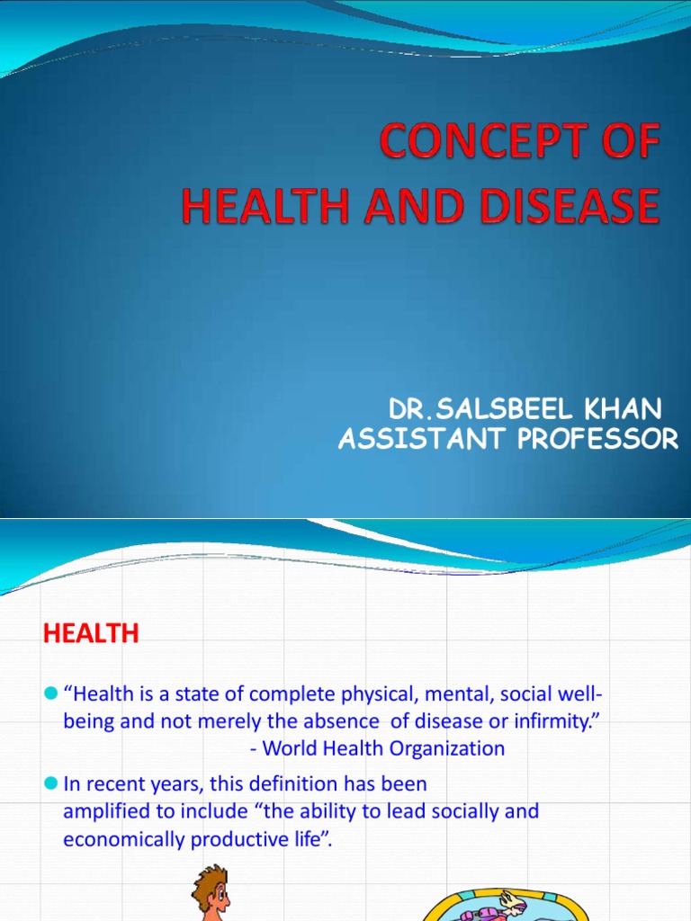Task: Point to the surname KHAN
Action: tap(626, 411)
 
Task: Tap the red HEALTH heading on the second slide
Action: tap(91, 634)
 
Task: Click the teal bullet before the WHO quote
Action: tap(49, 694)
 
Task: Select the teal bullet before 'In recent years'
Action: tap(49, 784)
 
